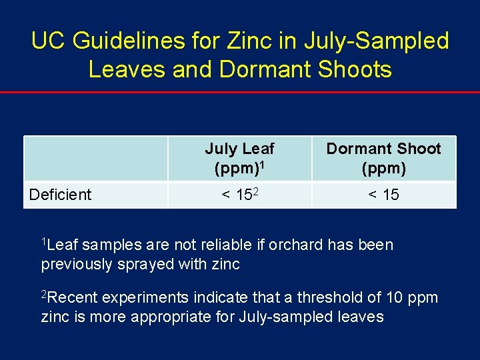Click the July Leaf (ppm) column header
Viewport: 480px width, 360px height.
(x=239, y=159)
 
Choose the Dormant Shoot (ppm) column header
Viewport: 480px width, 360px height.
(x=383, y=159)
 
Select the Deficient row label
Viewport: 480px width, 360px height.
(x=60, y=195)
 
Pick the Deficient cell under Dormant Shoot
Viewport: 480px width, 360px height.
(x=383, y=195)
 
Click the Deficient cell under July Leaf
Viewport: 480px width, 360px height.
(x=239, y=195)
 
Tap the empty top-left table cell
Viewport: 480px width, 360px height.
(x=95, y=159)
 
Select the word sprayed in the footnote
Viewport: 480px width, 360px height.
(x=147, y=265)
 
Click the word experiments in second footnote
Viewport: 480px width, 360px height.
(x=145, y=297)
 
